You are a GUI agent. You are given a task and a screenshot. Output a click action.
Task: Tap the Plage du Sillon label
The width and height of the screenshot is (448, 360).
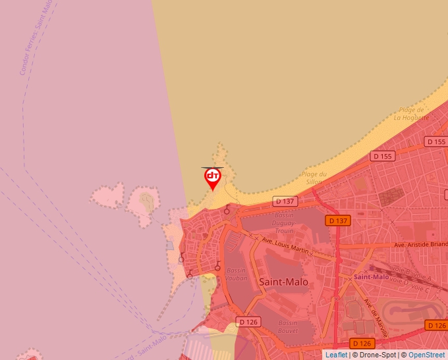click(x=313, y=178)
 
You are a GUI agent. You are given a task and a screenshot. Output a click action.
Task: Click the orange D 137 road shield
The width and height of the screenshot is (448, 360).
click(x=337, y=220)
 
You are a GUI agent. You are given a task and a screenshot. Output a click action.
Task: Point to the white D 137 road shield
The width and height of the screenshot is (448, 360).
click(x=285, y=201)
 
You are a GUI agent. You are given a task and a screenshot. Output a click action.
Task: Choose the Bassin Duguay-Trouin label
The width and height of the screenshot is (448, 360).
click(x=284, y=223)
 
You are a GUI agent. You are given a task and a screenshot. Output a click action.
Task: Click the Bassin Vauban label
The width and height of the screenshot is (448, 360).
click(x=237, y=274)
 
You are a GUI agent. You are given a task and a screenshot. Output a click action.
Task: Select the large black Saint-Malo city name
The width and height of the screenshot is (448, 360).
click(x=284, y=282)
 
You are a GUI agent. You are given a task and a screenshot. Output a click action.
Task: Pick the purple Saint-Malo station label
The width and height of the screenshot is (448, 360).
click(x=372, y=276)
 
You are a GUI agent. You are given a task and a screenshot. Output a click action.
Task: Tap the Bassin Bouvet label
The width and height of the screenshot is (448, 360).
click(x=287, y=327)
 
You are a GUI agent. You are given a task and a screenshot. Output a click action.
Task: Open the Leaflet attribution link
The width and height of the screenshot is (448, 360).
click(x=336, y=355)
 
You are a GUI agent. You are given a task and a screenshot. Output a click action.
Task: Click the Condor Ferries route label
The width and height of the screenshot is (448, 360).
click(x=36, y=36)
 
